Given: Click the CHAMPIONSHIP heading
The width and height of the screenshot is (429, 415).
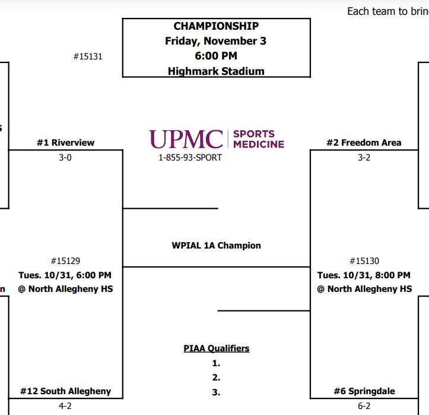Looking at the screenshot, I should tap(216, 26).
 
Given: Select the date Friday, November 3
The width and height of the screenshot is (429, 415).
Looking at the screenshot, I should tap(216, 41).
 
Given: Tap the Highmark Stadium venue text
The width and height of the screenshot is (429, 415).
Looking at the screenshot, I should tap(216, 71).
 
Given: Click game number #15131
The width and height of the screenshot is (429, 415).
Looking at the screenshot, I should tap(88, 56).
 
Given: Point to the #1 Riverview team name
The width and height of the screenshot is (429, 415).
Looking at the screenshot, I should tap(65, 143).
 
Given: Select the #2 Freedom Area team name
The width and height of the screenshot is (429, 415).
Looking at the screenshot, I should tap(364, 143).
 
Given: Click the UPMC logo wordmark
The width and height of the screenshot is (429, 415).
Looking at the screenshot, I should tap(186, 139).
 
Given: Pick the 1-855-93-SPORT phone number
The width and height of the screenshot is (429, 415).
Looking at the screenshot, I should tap(190, 158).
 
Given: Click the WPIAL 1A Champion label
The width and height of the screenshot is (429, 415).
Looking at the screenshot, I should tap(216, 245).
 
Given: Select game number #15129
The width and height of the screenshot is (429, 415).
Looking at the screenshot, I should tap(65, 261).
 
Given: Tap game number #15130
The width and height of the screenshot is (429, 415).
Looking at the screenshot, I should tap(364, 261).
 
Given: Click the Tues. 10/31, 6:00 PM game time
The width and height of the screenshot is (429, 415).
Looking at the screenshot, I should tap(65, 275).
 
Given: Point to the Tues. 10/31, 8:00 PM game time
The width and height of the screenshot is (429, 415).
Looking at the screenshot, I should tap(364, 275).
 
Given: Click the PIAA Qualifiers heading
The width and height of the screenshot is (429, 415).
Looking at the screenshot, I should tap(216, 348).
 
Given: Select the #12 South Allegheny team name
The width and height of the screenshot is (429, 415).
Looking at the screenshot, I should tap(65, 391).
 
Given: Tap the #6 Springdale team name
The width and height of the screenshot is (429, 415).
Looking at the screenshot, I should tap(364, 391).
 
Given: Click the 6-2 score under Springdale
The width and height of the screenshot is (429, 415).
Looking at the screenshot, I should tap(364, 406).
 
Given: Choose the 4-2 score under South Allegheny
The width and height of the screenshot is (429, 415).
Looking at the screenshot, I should tap(65, 406).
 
